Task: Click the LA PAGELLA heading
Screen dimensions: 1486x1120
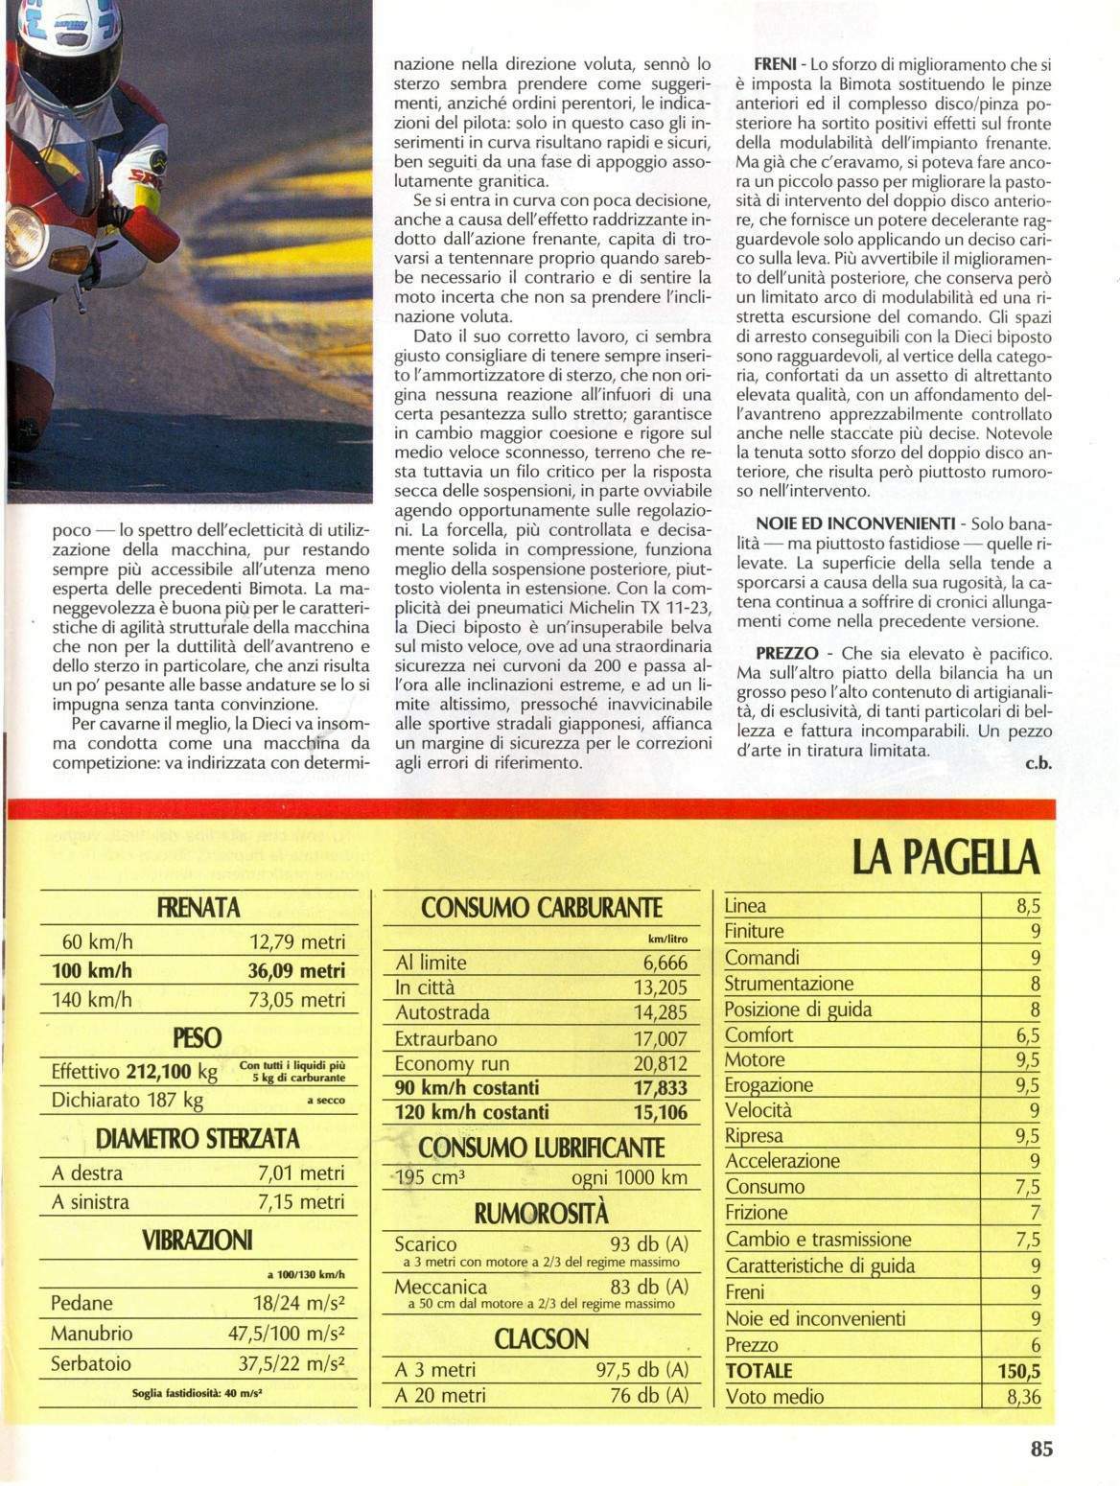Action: coord(945,856)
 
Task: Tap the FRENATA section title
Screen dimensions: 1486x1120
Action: coord(198,908)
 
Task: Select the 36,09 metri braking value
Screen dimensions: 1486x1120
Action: coord(296,970)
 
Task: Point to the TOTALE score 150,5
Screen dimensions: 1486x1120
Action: coord(1018,1371)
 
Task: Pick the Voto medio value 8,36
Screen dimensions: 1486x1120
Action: coord(1023,1397)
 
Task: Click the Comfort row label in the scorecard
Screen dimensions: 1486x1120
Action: coord(758,1034)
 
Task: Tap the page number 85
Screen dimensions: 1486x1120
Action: coord(1041,1449)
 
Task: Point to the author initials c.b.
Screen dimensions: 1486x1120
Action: coord(1039,764)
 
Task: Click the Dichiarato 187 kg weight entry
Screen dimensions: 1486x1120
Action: coord(127,1100)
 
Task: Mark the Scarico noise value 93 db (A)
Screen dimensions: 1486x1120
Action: coord(649,1244)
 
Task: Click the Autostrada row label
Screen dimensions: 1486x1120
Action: coord(442,1012)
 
